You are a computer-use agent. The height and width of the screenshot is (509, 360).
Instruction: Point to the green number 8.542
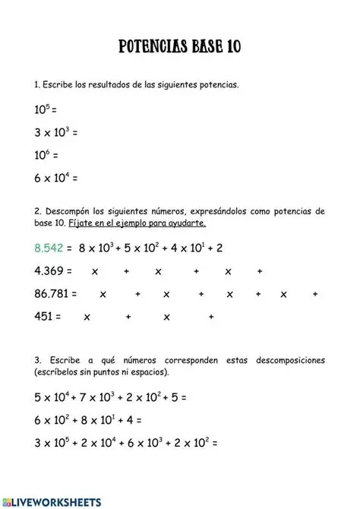pyautogui.click(x=50, y=248)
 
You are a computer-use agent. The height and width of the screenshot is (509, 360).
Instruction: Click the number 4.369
pyautogui.click(x=50, y=270)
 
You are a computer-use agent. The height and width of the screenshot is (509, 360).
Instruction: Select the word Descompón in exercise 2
pyautogui.click(x=69, y=210)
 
